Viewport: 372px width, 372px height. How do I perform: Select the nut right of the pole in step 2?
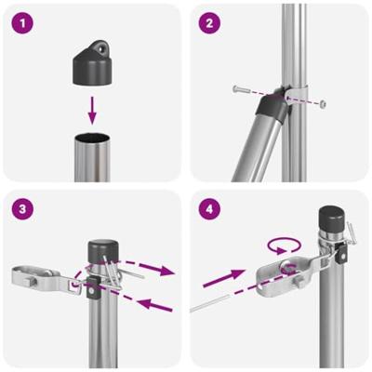click(x=323, y=104)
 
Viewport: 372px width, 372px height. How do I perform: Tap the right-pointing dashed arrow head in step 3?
click(x=170, y=272)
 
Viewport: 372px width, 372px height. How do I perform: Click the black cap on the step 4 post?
click(x=332, y=220)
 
